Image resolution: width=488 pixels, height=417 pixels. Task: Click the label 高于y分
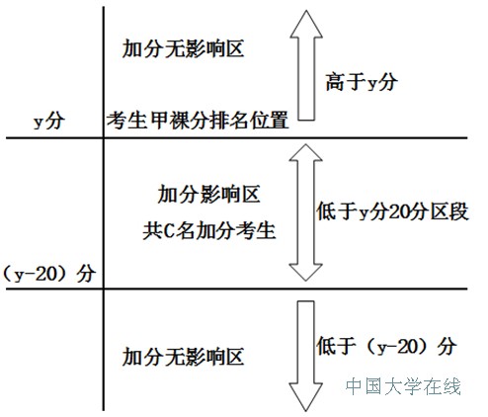tap(362, 82)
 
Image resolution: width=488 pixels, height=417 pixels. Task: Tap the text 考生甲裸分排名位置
tap(198, 121)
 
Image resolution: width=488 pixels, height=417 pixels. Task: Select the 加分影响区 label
tap(209, 194)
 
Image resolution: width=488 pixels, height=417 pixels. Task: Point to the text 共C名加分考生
tap(209, 230)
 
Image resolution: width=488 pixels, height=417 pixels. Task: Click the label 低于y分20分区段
tap(392, 211)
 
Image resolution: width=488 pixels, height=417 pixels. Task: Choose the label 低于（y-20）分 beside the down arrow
tap(386, 346)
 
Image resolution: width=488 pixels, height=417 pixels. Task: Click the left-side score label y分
tap(49, 121)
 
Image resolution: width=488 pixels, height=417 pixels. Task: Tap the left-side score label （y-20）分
tap(49, 274)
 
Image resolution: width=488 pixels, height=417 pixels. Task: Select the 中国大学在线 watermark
tap(403, 386)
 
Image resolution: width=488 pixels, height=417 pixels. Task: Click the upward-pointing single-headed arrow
tap(306, 65)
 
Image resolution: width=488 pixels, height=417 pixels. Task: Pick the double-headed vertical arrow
tap(306, 212)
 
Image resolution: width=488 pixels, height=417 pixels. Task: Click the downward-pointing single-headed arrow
tap(306, 356)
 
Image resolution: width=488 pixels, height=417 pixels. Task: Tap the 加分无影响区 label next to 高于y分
tap(183, 48)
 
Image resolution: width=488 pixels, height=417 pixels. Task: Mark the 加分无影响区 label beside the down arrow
tap(183, 357)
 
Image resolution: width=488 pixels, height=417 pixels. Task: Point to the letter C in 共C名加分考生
tap(168, 230)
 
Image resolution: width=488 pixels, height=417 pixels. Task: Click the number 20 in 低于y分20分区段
tap(399, 211)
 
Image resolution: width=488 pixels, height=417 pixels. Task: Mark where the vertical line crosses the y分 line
tap(104, 137)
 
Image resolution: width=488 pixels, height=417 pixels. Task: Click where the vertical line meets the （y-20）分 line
tap(104, 289)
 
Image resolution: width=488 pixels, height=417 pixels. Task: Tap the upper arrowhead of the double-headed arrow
tap(306, 152)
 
